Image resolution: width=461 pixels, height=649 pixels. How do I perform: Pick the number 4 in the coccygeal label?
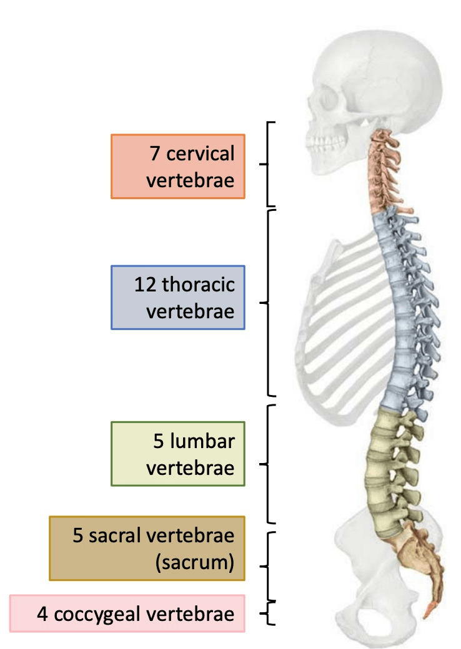[43, 614]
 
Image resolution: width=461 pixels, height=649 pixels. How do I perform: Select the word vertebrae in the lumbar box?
[192, 468]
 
